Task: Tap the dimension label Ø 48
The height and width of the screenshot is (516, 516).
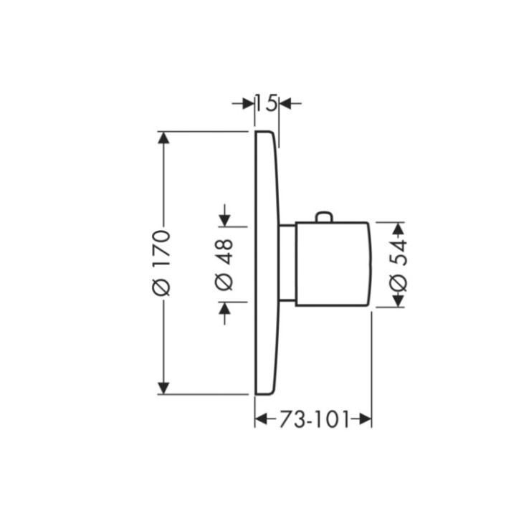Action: pos(224,264)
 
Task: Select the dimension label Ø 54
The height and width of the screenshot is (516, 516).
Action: pos(398,264)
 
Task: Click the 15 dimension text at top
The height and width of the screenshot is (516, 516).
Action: pos(266,103)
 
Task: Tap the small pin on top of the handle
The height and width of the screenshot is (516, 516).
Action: pos(324,217)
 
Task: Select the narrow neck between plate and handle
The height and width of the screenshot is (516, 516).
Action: pos(287,262)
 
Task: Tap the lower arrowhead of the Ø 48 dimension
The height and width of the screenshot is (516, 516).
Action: pos(225,309)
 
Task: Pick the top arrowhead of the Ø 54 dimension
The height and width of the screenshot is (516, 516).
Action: pos(398,227)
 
